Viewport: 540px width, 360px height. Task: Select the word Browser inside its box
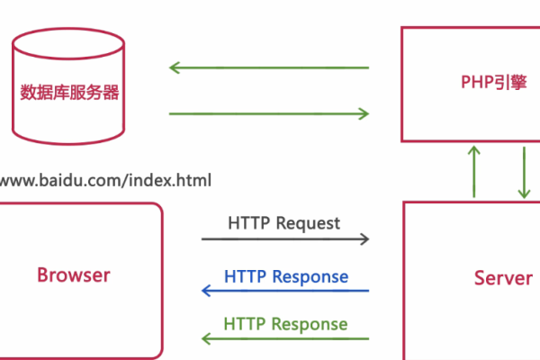[x=74, y=275]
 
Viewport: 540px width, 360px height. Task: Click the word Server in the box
[x=503, y=278]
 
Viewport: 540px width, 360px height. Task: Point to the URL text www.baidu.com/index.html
[x=106, y=180]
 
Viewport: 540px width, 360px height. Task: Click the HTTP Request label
[x=283, y=222]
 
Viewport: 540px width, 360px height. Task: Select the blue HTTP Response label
[x=286, y=275]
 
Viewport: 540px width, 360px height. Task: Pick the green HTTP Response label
[x=285, y=323]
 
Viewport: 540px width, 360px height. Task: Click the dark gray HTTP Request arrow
[x=284, y=239]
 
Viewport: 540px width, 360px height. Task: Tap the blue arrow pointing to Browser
[x=284, y=291]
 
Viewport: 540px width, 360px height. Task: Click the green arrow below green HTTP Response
[x=284, y=339]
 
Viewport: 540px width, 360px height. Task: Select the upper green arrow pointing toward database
[x=269, y=67]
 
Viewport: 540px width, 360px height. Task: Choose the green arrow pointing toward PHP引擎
[x=269, y=113]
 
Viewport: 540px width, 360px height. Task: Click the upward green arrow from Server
[x=473, y=171]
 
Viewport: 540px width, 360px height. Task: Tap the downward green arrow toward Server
[x=523, y=171]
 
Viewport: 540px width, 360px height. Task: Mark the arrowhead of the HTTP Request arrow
[x=364, y=239]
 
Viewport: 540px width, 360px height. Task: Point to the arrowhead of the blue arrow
[x=206, y=291]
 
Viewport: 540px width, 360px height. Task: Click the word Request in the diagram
[x=309, y=222]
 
